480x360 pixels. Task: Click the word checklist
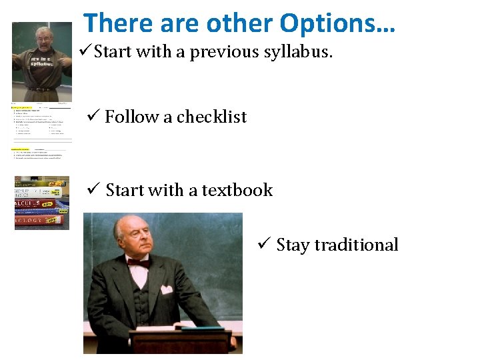tap(211, 117)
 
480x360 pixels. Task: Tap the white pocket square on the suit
tap(167, 289)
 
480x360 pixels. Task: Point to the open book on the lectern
tap(193, 326)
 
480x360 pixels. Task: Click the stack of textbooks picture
tap(41, 203)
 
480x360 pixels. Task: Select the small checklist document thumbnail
tap(41, 131)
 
